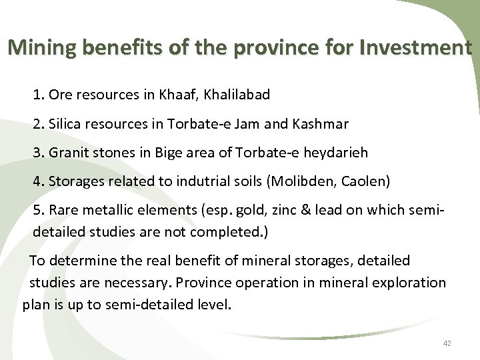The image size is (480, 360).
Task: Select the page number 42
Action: point(447,343)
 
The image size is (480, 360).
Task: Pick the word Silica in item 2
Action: point(65,124)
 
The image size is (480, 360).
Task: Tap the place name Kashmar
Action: point(324,124)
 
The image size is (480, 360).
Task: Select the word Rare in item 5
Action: point(63,210)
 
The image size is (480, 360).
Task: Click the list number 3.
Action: point(37,153)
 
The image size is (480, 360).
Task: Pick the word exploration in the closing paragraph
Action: point(409,282)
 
